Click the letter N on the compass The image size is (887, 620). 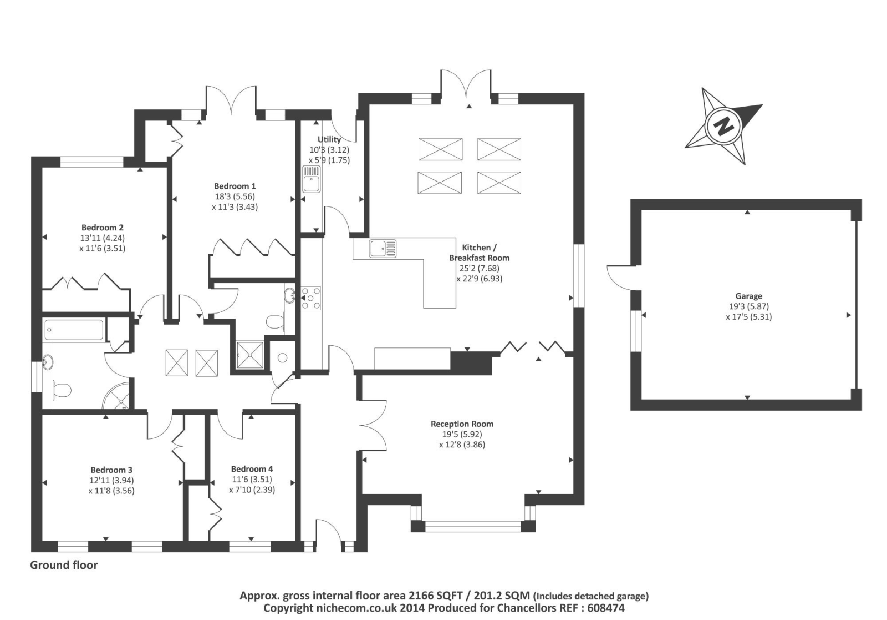click(723, 127)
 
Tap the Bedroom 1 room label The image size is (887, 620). click(235, 186)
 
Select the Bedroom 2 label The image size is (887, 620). click(102, 228)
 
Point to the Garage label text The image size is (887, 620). click(749, 296)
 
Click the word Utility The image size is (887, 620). click(329, 139)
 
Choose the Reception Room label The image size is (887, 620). click(462, 424)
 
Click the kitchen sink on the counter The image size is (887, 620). click(383, 249)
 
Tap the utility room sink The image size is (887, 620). click(312, 179)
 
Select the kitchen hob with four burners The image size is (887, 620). click(311, 298)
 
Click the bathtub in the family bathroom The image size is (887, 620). click(74, 329)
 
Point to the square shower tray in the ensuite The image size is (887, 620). click(250, 355)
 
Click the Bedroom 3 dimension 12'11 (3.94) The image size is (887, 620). click(111, 480)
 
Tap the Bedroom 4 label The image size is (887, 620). click(252, 469)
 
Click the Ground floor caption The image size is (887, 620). click(64, 565)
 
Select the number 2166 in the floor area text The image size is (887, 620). click(422, 596)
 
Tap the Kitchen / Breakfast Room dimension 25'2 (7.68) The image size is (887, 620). click(479, 268)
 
